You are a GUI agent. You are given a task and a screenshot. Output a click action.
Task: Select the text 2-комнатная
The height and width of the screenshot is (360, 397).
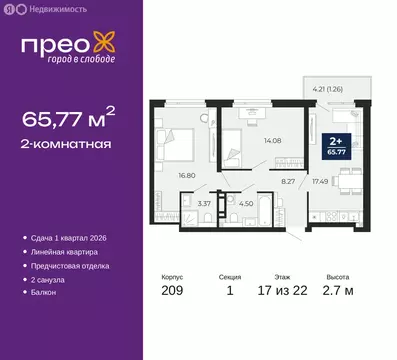(x=66, y=144)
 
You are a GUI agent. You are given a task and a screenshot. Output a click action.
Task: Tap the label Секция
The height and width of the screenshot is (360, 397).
(x=230, y=279)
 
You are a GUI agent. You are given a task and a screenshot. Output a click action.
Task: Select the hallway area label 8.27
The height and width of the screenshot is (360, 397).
(x=288, y=181)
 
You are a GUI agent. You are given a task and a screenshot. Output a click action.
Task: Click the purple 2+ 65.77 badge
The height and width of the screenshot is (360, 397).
(x=336, y=148)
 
